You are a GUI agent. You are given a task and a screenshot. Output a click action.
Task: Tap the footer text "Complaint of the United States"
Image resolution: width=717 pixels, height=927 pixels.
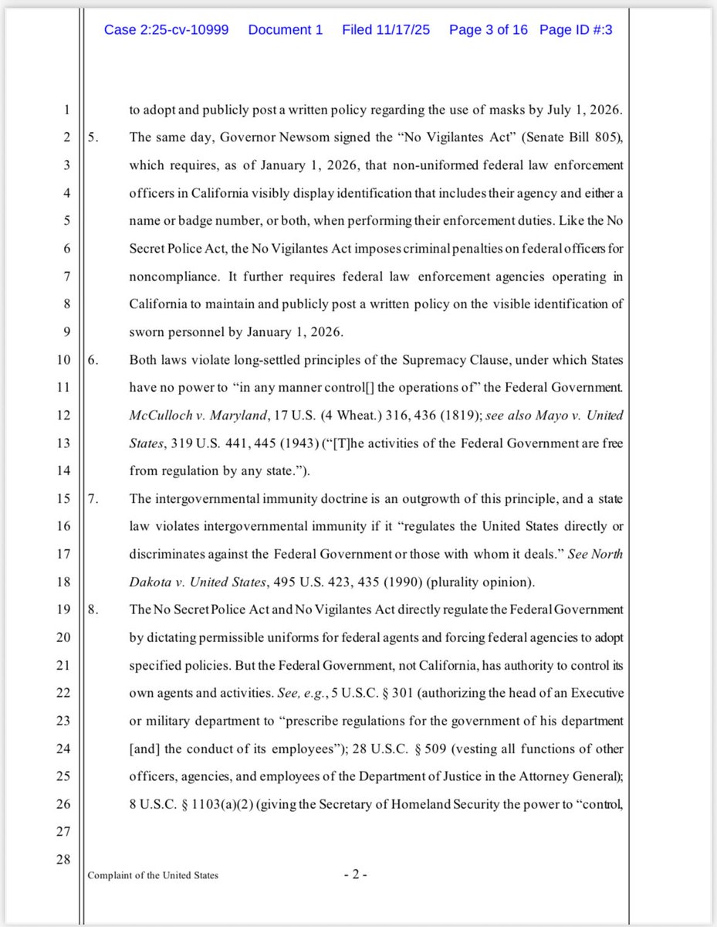(152, 875)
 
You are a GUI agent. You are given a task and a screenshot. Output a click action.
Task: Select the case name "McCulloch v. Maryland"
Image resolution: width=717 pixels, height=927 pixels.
(198, 416)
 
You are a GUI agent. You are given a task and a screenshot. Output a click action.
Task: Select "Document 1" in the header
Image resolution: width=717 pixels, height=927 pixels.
(286, 30)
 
